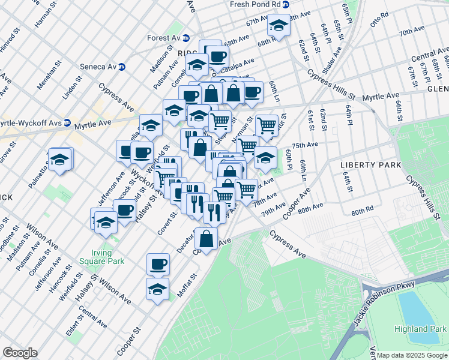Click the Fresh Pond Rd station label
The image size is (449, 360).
(255, 4)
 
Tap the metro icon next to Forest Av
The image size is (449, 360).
(187, 38)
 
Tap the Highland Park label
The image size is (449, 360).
(420, 329)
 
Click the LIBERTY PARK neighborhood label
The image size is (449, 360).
(366, 164)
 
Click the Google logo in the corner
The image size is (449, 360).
(20, 353)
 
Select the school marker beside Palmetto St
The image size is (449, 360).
(59, 159)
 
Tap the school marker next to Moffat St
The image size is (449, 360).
(157, 289)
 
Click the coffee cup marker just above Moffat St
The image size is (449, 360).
(158, 263)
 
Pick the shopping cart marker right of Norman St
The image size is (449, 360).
(267, 125)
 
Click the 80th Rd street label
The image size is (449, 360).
(363, 212)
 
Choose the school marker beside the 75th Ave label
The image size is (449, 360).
(265, 157)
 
